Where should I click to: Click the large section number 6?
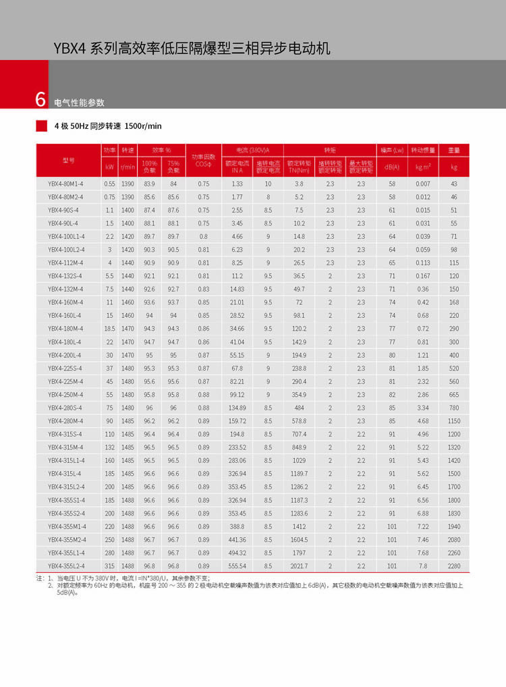point(40,100)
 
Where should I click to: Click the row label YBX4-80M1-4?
point(65,184)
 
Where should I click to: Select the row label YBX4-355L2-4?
point(65,566)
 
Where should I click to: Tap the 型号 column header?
point(68,161)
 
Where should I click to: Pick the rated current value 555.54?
point(237,566)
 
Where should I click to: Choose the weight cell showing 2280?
point(454,566)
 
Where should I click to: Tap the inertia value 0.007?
point(422,184)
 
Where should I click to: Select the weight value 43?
point(454,184)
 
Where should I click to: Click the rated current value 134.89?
point(237,408)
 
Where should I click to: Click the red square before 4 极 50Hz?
point(41,126)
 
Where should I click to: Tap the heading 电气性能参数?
point(79,103)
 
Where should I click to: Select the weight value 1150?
point(454,420)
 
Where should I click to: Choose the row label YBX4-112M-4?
point(65,263)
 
